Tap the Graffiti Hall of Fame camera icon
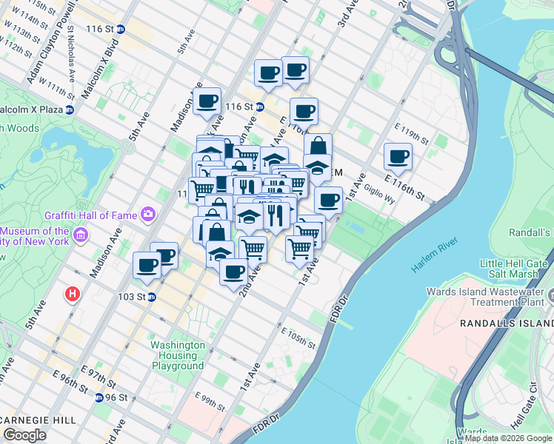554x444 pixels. [149, 215]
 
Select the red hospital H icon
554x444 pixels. [72, 294]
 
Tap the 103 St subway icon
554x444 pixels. [151, 297]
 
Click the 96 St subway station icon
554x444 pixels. [99, 397]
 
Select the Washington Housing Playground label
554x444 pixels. [178, 355]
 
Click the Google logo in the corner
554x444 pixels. [24, 435]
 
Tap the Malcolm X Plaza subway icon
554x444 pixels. [69, 110]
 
